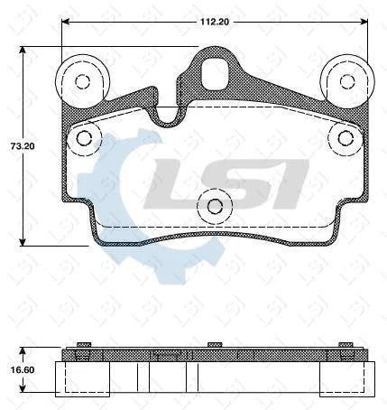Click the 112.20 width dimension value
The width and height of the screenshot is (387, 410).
pos(213,12)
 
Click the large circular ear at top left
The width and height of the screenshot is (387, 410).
pos(82,81)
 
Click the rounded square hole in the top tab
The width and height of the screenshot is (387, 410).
pos(215,72)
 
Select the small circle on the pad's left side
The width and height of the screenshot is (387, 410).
pos(85,137)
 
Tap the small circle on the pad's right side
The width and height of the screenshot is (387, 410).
pos(345,137)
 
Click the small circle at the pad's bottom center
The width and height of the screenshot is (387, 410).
pos(215,206)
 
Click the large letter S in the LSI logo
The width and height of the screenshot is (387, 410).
pos(233,181)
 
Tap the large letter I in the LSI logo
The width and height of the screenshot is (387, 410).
pos(289,181)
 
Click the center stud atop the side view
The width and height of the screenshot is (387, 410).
pos(215,345)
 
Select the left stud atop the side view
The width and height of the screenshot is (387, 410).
pos(84,345)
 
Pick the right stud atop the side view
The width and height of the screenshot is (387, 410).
pos(345,345)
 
